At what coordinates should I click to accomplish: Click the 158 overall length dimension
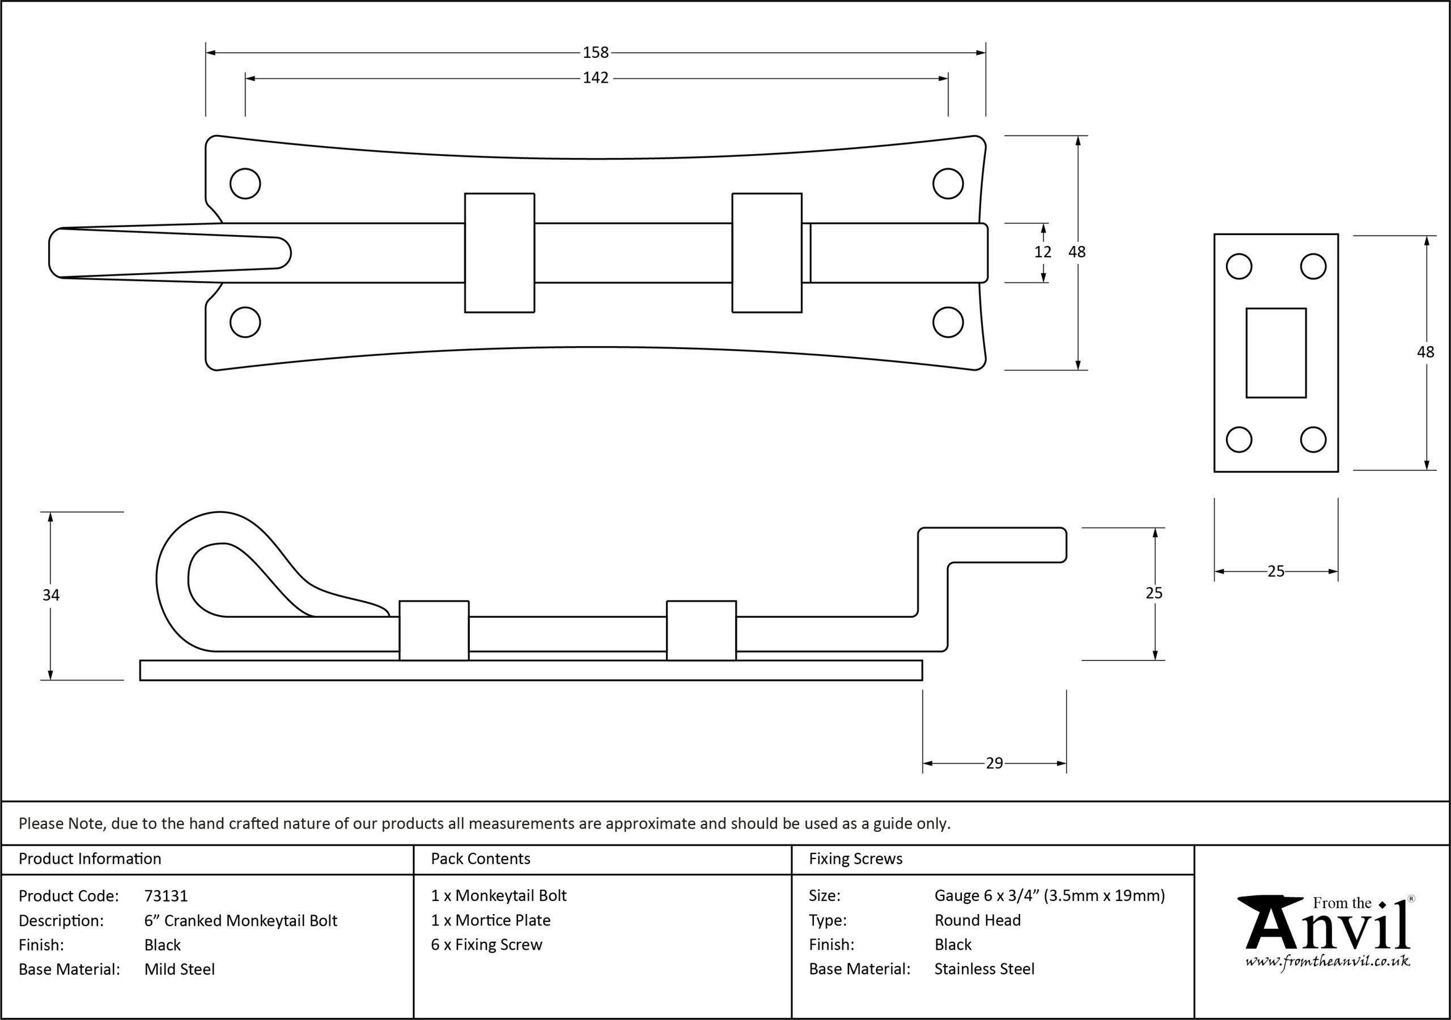595,53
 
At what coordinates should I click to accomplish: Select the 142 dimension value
595,78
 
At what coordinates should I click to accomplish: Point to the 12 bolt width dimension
1043,252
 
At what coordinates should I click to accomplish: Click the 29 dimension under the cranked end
994,763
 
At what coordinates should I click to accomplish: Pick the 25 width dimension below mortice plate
1276,571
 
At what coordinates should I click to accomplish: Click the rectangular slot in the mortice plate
1276,352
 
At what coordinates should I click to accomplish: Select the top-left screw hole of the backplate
245,184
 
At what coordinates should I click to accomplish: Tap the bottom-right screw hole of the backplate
948,322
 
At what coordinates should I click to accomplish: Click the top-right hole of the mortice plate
1313,266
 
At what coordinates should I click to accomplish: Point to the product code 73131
166,896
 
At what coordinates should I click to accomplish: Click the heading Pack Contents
480,859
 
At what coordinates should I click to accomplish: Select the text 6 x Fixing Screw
487,945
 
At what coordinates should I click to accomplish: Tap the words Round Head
978,920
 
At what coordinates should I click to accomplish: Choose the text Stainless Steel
985,969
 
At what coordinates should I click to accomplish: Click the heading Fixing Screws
856,859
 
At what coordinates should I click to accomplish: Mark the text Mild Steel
180,970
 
